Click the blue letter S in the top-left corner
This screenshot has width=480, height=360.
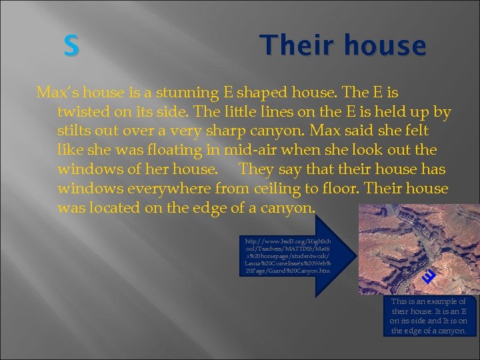coord(71,46)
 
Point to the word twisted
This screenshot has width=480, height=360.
coord(85,111)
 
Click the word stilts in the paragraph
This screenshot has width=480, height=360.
coord(74,130)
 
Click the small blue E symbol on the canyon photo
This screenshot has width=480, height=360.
coord(431,275)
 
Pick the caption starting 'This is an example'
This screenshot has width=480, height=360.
coord(429,316)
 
